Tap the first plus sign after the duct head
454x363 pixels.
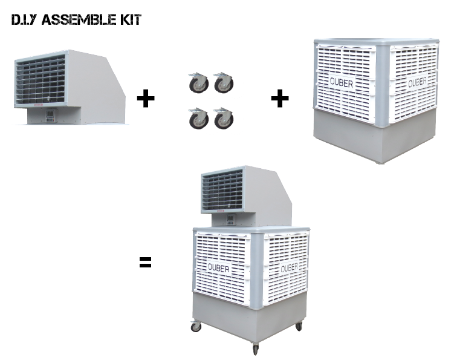pyautogui.click(x=146, y=99)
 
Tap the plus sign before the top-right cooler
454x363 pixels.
pyautogui.click(x=279, y=99)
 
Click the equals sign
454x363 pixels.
pyautogui.click(x=145, y=263)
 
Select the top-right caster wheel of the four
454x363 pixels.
pyautogui.click(x=222, y=84)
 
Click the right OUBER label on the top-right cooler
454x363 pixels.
pyautogui.click(x=417, y=82)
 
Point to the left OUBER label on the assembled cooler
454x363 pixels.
pyautogui.click(x=219, y=267)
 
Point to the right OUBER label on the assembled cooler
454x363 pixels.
pyautogui.click(x=289, y=267)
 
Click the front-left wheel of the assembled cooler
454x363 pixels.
pyautogui.click(x=196, y=327)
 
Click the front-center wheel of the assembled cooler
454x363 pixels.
pyautogui.click(x=255, y=349)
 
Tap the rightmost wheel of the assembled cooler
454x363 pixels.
pyautogui.click(x=299, y=326)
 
